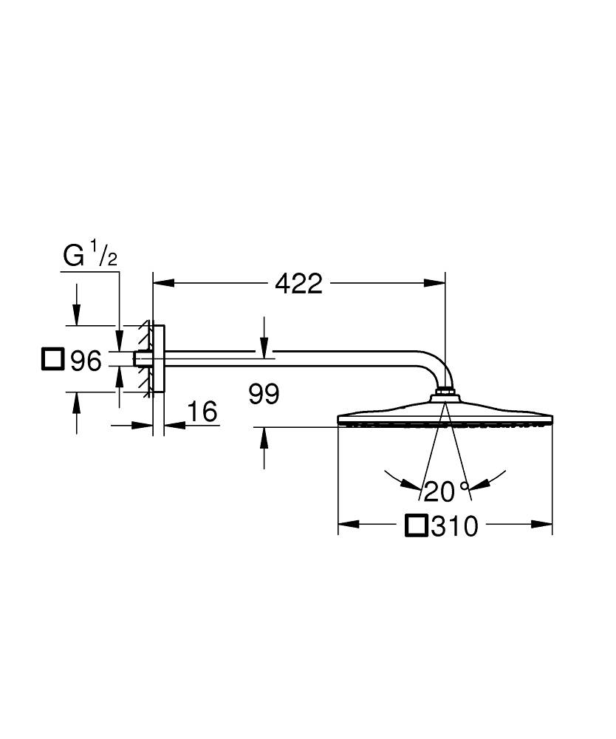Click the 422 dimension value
coord(299,283)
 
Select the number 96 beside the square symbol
coord(85,361)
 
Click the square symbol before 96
coord(52,359)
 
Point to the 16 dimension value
coord(202,412)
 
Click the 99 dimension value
coord(264,395)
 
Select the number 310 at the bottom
coord(454,527)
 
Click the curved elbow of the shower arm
coord(436,367)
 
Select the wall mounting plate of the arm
coord(159,358)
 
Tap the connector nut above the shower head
coord(445,391)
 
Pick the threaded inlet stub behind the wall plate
coord(138,358)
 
